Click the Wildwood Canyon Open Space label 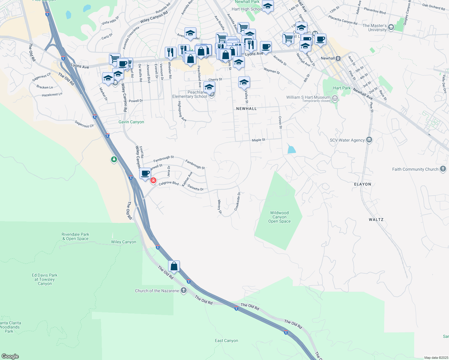coord(279,217)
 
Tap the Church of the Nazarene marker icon coord(183,290)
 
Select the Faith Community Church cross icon coord(443,169)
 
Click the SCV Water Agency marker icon coord(369,140)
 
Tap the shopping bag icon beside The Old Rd coord(174,266)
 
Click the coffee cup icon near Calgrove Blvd coord(145,173)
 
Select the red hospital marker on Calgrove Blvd coord(153,180)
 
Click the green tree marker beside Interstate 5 coord(114,159)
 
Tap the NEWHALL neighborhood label coord(246,109)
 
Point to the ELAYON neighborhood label coord(363,184)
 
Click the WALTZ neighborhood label coord(376,220)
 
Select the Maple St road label coord(258,140)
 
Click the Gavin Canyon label coord(131,122)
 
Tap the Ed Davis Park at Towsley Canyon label coord(45,279)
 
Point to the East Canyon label coord(226,340)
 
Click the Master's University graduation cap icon coord(391,28)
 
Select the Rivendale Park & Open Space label coord(75,236)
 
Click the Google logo coord(10,356)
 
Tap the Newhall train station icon coord(338,58)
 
